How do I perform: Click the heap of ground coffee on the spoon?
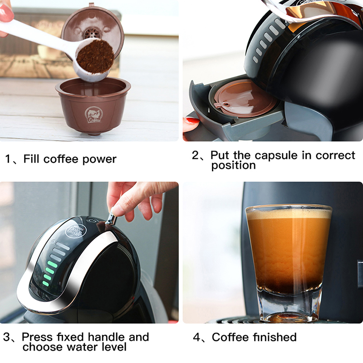(x=95, y=56)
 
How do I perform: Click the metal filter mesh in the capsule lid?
(x=92, y=34)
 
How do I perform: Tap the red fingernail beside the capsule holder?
(x=191, y=120)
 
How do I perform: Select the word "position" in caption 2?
(x=233, y=166)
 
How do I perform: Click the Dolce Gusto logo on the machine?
(x=76, y=231)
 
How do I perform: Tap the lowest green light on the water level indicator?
(x=46, y=283)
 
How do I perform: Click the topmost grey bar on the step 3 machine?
(x=62, y=246)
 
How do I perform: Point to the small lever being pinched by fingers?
(x=111, y=217)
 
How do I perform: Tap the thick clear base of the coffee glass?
(x=289, y=305)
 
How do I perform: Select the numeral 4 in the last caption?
(x=196, y=337)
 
